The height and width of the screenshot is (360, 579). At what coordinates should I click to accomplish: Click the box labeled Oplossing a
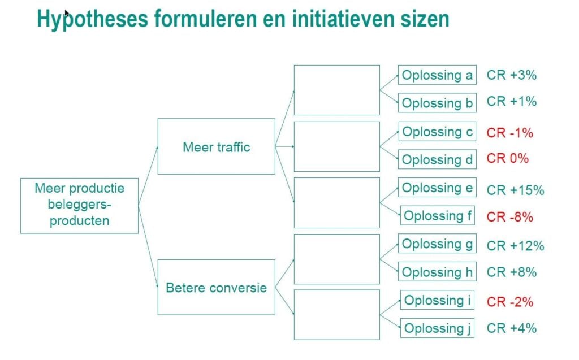coord(437,75)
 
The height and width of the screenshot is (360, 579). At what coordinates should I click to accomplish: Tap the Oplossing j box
coord(437,328)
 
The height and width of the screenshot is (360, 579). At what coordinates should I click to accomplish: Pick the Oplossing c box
coord(437,132)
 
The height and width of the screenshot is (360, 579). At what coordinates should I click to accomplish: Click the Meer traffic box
coord(216,146)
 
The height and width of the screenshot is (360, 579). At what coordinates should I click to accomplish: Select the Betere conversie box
coord(216,287)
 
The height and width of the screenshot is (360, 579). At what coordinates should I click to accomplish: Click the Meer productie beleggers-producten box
coord(79,204)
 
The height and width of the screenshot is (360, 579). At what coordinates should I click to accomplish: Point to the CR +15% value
coord(515,190)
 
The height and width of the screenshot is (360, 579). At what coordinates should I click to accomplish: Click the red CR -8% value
coord(510,216)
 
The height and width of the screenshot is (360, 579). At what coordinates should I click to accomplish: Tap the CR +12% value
coord(515,246)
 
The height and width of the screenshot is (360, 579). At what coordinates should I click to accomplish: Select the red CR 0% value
coord(507,158)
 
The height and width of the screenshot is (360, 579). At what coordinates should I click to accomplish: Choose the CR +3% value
coord(511,75)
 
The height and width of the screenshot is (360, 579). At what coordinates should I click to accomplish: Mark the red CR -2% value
coord(510,302)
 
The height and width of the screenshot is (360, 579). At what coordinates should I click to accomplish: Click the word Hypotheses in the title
coord(90,19)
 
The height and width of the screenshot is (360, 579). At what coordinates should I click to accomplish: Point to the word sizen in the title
coord(421,19)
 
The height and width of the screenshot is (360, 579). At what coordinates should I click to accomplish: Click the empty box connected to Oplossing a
coord(336,90)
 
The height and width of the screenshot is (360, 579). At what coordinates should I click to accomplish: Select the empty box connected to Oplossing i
coord(336,314)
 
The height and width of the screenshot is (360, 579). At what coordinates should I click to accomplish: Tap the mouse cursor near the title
coord(67,13)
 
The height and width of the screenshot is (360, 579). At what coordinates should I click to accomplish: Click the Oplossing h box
coord(437,272)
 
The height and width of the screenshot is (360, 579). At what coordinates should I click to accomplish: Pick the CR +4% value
coord(511,328)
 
